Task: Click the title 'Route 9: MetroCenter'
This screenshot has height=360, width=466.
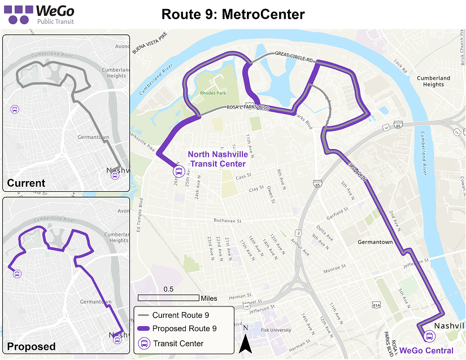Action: tap(233, 14)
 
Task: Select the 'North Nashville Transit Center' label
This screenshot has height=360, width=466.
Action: tap(217, 159)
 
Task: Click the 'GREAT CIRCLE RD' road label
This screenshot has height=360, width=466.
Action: tap(294, 56)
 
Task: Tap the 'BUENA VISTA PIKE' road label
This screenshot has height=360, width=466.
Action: tap(150, 43)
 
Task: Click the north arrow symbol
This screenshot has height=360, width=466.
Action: tap(245, 342)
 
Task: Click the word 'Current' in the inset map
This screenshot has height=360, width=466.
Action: tap(26, 183)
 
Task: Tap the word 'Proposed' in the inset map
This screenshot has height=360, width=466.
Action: tap(31, 346)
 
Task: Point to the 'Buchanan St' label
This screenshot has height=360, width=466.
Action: tap(227, 221)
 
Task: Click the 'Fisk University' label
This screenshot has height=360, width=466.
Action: tap(276, 330)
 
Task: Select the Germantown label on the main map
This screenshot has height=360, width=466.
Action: tap(375, 242)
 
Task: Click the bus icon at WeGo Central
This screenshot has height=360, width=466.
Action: tap(430, 336)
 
